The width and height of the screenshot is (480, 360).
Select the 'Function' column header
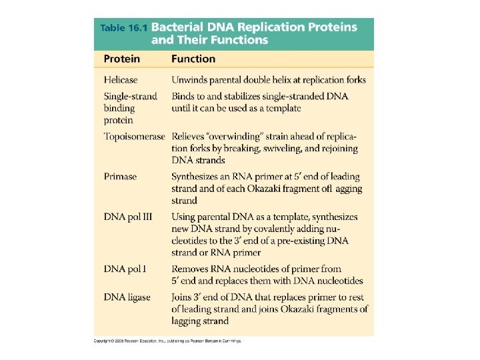[193, 59]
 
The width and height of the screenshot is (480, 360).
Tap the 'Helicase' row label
[121, 80]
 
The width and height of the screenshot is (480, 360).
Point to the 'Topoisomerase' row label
[134, 137]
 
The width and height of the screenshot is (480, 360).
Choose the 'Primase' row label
[120, 177]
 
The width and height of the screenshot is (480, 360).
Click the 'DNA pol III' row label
[128, 217]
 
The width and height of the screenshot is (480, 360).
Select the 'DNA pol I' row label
[125, 269]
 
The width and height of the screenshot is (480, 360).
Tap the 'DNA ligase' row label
[127, 297]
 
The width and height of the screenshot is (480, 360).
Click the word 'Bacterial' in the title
[179, 28]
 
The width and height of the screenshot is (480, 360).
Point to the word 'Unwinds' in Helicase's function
[190, 80]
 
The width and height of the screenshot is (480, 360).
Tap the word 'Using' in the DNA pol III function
[184, 217]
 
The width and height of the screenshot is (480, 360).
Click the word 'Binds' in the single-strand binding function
[183, 96]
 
